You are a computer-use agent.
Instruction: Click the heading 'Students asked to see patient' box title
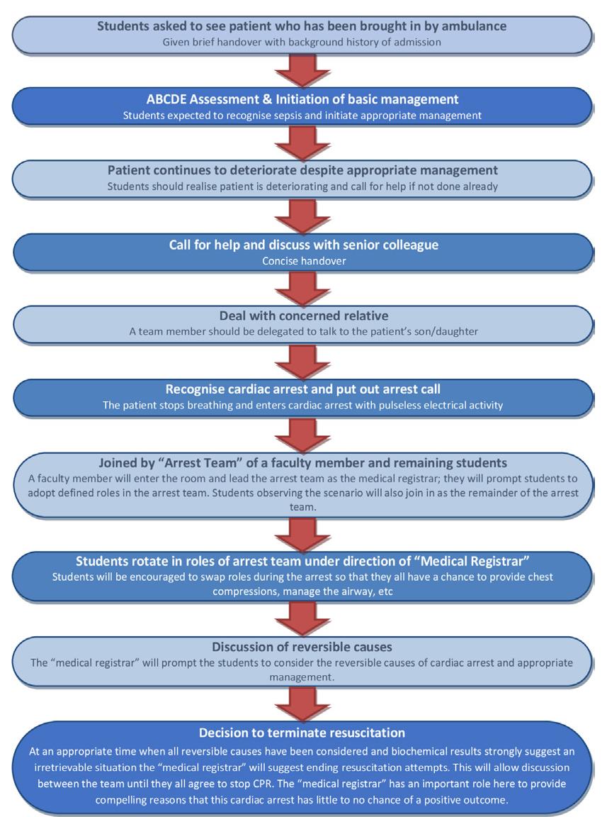click(302, 26)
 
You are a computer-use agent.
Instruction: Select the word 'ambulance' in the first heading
click(475, 26)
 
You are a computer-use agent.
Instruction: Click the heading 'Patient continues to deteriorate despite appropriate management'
click(302, 170)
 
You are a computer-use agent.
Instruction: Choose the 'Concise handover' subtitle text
click(303, 261)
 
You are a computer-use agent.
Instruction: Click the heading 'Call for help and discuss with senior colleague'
click(303, 245)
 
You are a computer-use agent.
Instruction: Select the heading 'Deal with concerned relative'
click(302, 316)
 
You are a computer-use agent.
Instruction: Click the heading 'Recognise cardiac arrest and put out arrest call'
click(302, 389)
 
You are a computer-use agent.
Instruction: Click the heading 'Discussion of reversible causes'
click(302, 647)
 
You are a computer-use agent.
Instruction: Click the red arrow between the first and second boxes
click(302, 70)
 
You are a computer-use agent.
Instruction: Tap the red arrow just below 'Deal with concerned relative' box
click(302, 360)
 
